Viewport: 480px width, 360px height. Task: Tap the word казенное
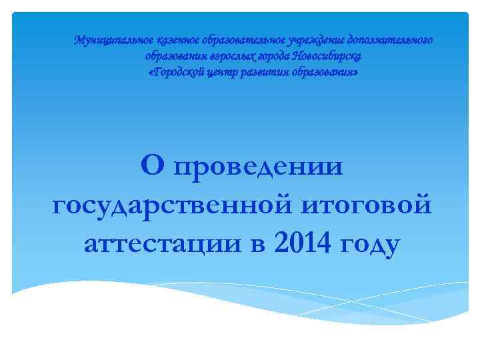[165, 40]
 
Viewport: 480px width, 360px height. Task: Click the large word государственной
[170, 205]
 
